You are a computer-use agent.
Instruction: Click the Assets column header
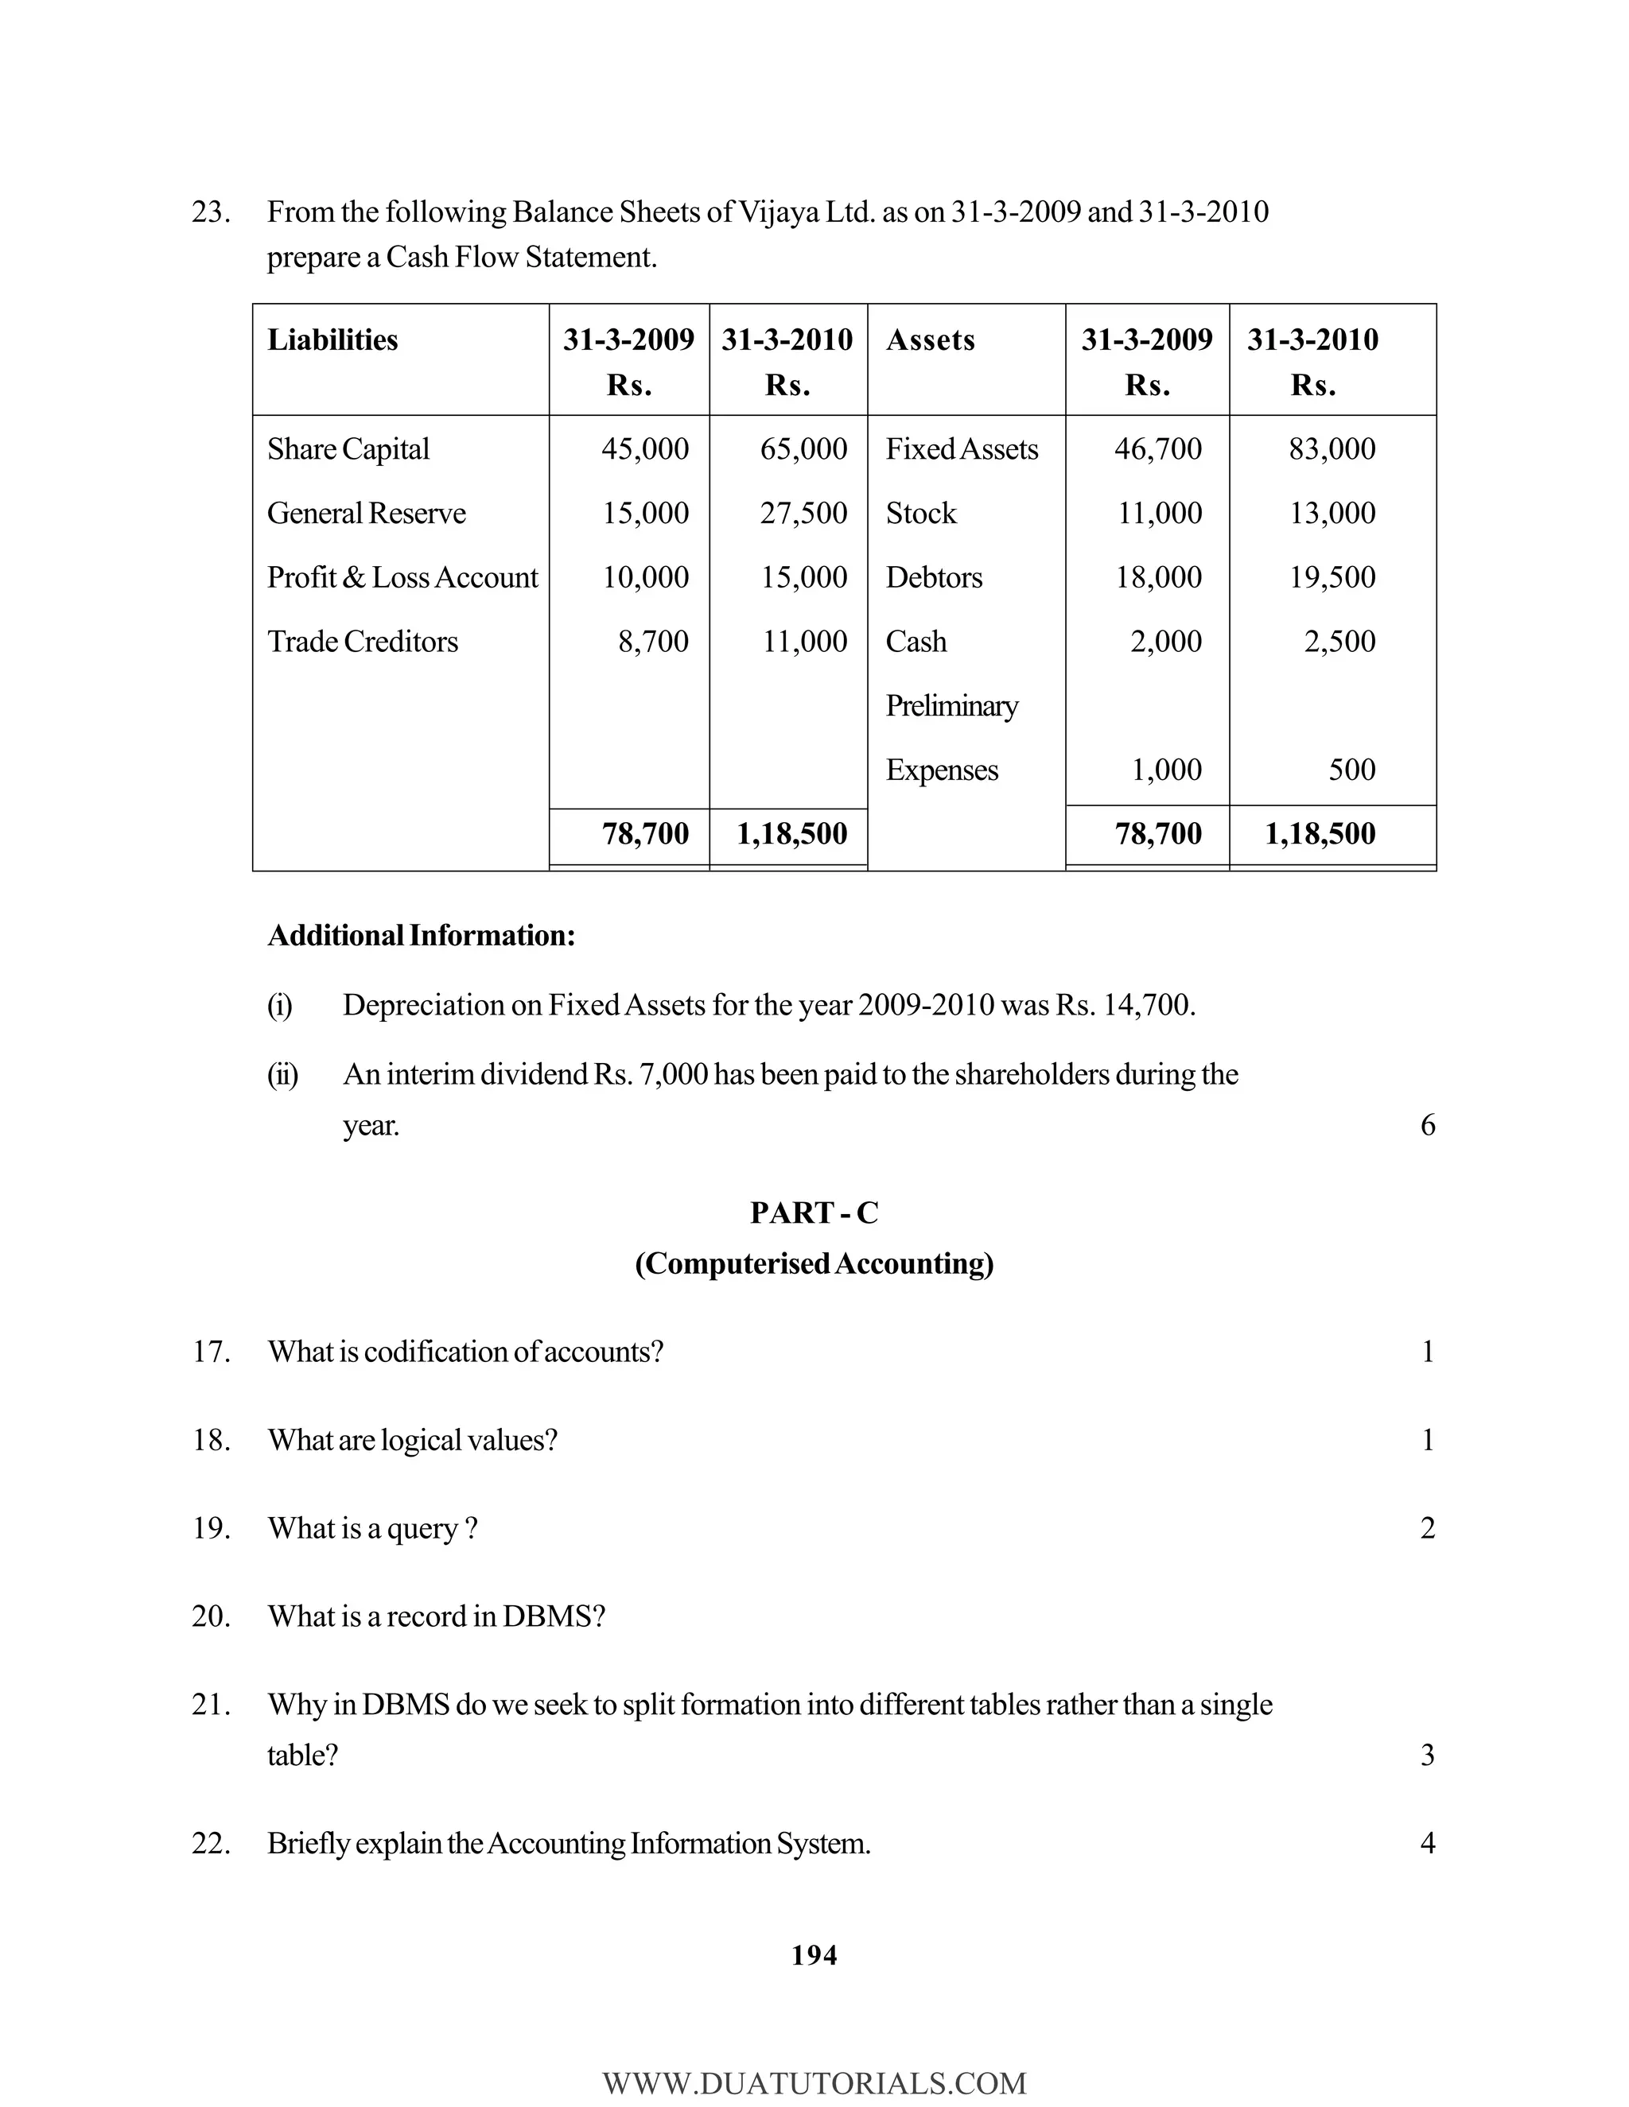point(931,340)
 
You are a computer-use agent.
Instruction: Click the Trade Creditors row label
point(363,642)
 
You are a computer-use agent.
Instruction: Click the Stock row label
point(920,514)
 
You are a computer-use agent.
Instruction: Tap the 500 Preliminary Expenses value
point(1351,770)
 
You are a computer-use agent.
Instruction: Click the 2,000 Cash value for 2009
point(1166,642)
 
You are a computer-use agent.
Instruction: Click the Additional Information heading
point(421,935)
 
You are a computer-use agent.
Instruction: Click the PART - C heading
point(814,1213)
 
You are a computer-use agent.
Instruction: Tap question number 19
point(210,1528)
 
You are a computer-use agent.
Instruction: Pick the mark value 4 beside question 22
point(1427,1844)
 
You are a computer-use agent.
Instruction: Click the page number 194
point(814,1956)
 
